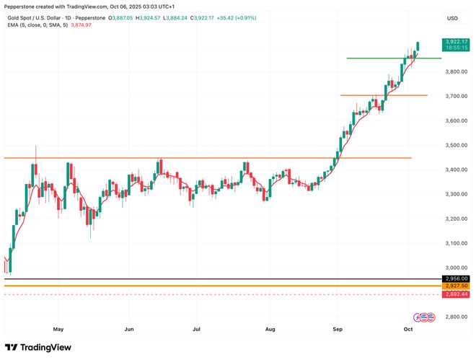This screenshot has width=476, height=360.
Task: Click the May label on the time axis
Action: coord(58,328)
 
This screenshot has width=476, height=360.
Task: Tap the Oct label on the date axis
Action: coord(407,328)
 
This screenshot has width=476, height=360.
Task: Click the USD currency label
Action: coord(452,18)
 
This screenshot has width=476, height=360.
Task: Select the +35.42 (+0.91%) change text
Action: coord(235,17)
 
